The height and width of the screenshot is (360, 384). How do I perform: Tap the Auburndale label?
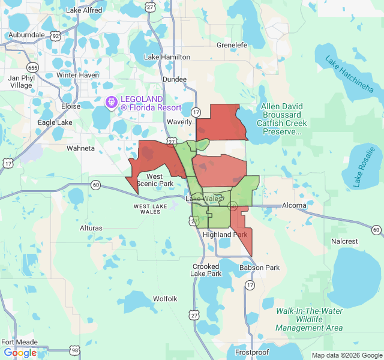[x=26, y=35]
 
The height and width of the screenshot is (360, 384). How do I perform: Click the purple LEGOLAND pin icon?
[x=111, y=103]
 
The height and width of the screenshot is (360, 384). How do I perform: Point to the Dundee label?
[x=175, y=79]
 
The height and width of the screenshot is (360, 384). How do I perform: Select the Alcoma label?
[x=294, y=205]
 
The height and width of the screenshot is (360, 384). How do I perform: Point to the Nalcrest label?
[x=344, y=241]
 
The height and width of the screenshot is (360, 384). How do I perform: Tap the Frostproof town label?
[x=252, y=352]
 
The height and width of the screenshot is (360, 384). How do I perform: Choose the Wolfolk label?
[x=165, y=298]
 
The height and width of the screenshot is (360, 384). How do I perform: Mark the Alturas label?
[x=91, y=228]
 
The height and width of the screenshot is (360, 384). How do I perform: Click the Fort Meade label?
[x=19, y=342]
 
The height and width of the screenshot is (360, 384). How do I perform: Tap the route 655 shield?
[x=33, y=67]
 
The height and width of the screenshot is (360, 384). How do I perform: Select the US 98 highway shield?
[x=74, y=349]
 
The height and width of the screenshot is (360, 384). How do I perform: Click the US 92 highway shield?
[x=55, y=36]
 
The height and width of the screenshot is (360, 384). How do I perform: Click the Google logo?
[x=20, y=353]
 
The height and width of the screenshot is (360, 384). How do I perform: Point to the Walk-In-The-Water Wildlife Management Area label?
[x=309, y=319]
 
